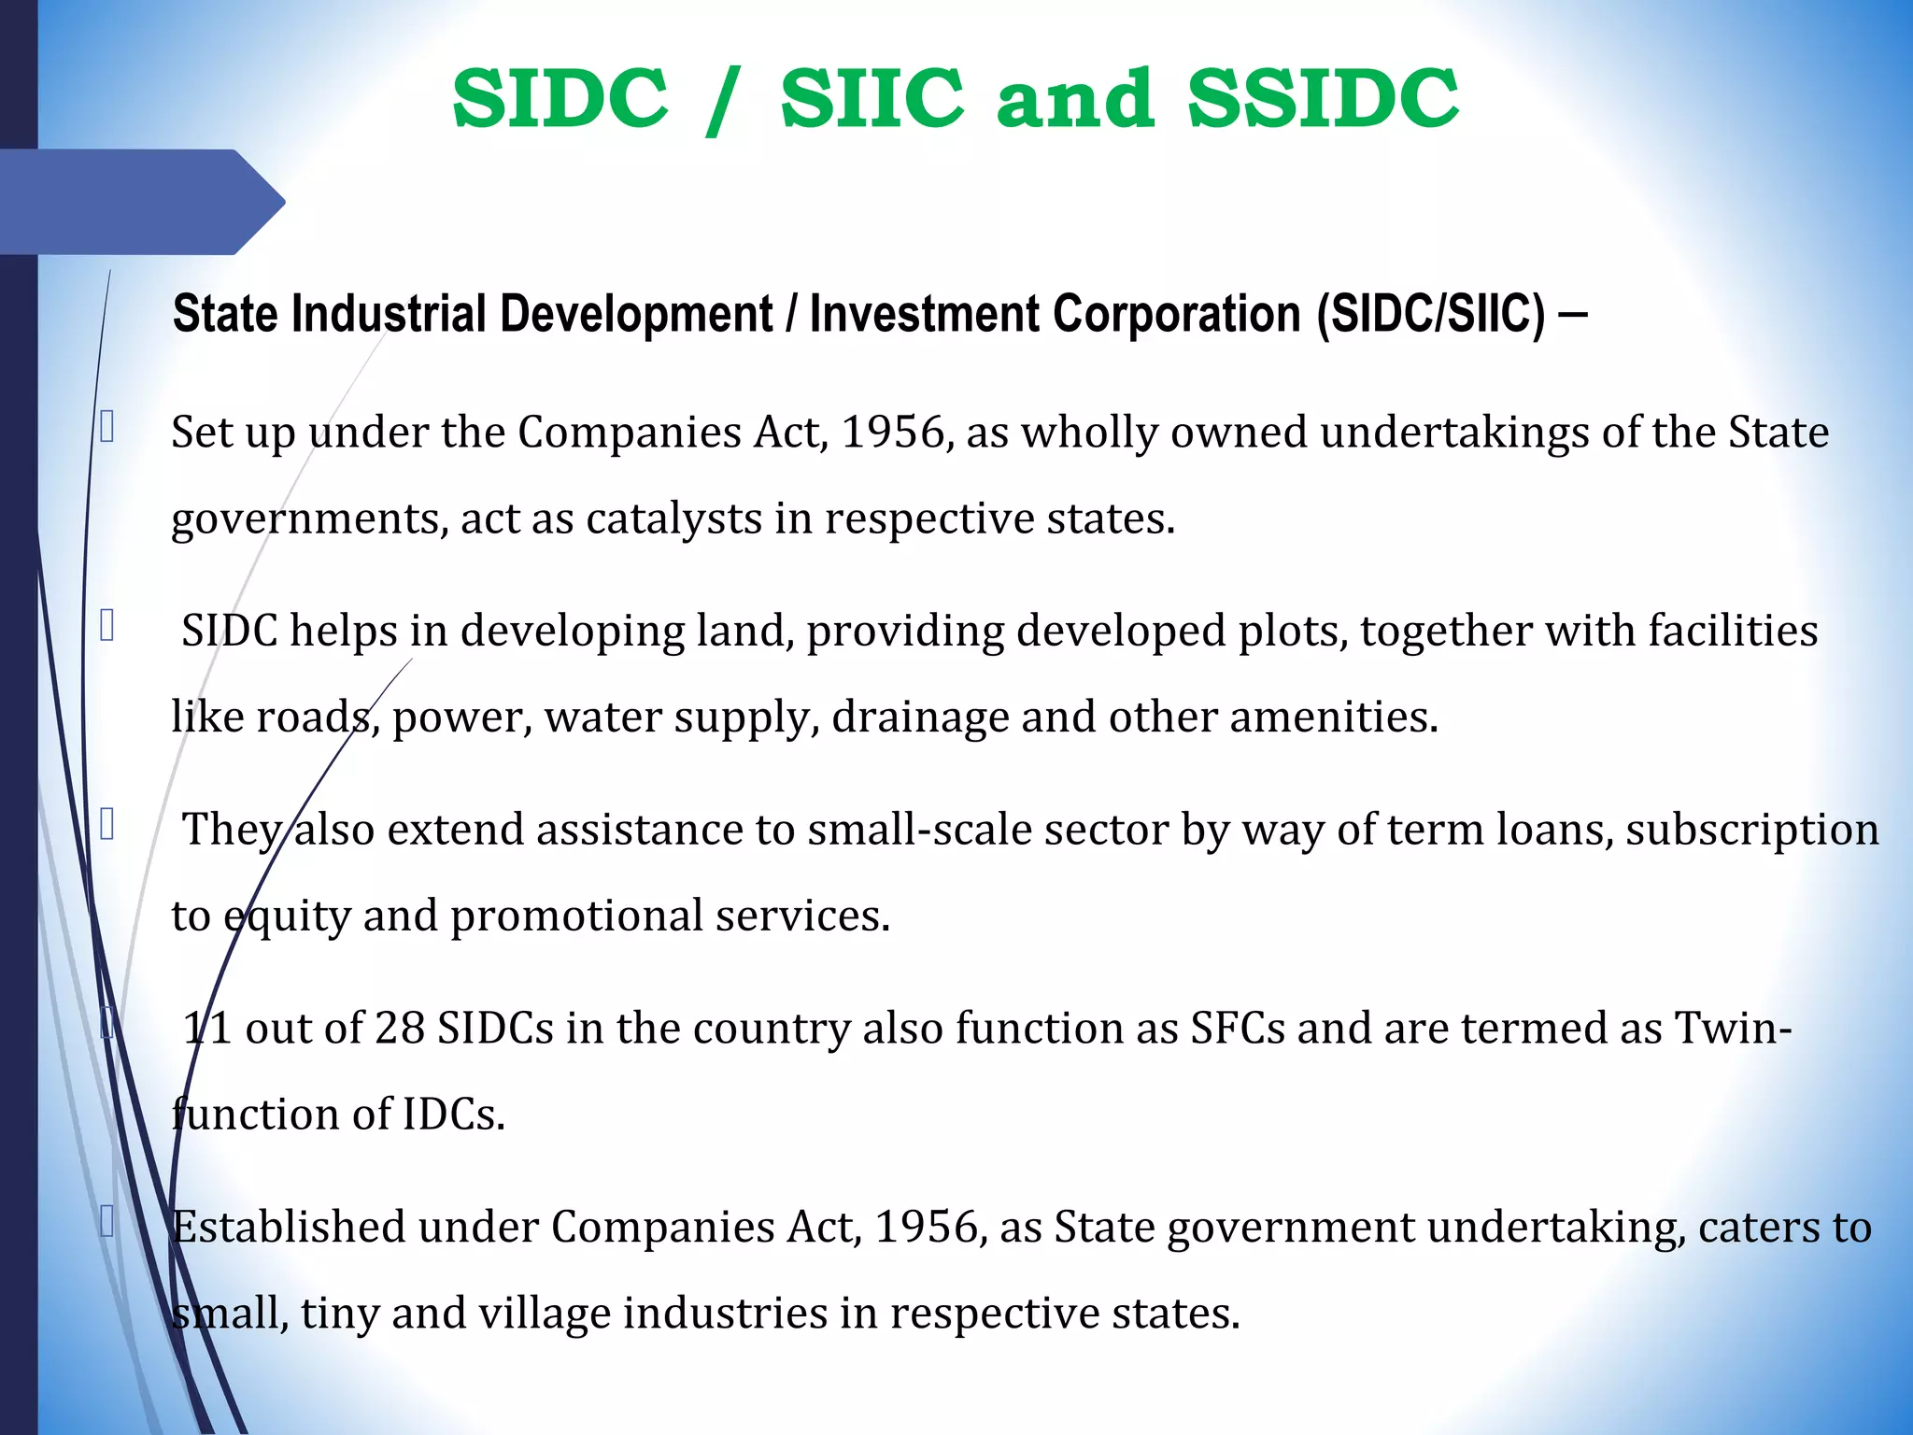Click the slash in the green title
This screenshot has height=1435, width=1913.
click(x=724, y=101)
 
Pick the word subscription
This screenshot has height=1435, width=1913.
click(x=1751, y=830)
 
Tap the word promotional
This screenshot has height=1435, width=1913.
click(x=576, y=916)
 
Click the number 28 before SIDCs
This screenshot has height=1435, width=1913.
click(x=400, y=1029)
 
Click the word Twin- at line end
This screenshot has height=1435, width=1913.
click(x=1733, y=1029)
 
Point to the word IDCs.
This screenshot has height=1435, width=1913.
click(x=453, y=1115)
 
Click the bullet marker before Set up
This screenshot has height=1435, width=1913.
click(x=107, y=427)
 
